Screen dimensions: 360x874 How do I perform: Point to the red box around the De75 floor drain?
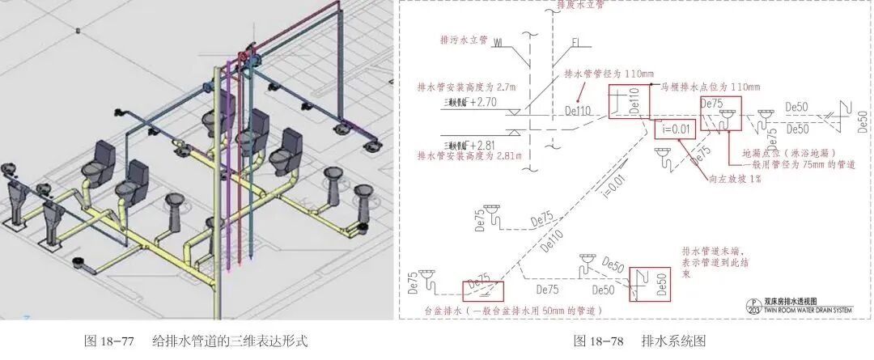point(720,114)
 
